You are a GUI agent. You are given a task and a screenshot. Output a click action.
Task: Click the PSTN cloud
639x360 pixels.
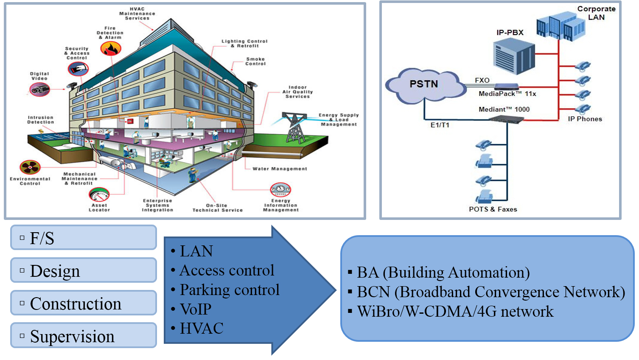pos(424,85)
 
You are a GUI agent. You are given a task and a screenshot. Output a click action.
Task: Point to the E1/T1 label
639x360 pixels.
pos(440,125)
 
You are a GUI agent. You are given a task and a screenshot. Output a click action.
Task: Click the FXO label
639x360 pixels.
pos(482,80)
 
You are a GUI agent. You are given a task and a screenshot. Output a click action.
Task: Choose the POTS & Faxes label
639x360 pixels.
pos(493,209)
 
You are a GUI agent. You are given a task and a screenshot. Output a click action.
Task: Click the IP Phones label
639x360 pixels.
pos(585,119)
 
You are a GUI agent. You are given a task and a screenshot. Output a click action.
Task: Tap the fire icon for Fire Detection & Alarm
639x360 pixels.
pos(111,49)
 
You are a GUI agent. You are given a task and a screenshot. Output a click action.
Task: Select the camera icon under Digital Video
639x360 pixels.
pos(39,89)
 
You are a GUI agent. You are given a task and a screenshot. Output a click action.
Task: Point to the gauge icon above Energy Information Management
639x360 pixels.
pos(280,189)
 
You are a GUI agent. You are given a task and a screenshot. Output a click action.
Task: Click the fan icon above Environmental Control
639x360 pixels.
pos(30,167)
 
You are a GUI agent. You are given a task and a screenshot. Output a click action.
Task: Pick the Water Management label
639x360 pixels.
pos(280,169)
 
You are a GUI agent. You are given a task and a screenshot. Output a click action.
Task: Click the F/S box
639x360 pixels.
pos(84,238)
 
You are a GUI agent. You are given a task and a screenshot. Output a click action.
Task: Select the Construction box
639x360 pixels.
pos(84,303)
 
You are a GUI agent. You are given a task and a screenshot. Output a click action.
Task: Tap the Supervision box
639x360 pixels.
pos(84,336)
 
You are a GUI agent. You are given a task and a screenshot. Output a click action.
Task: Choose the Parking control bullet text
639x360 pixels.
pos(230,290)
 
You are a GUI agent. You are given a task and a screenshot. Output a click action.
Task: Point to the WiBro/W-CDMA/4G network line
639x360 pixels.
pos(455,312)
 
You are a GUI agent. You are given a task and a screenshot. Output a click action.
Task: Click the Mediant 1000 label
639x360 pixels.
pos(504,110)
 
